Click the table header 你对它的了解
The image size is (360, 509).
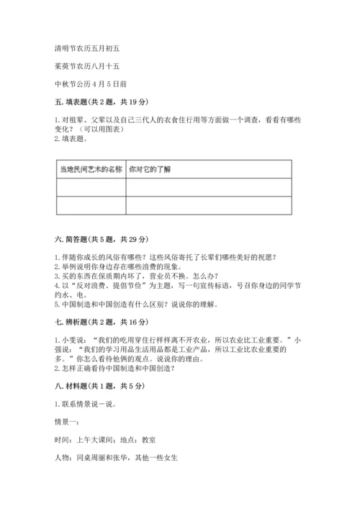click(x=150, y=169)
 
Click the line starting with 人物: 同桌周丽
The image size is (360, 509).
click(x=115, y=457)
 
